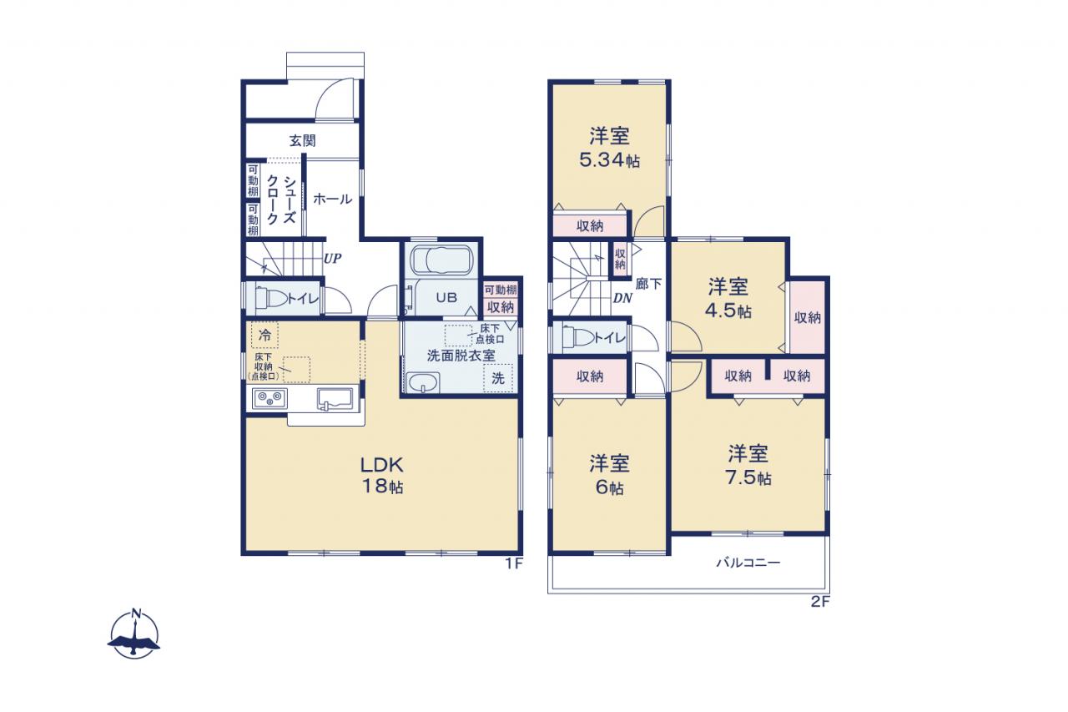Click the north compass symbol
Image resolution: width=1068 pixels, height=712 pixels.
tap(133, 634)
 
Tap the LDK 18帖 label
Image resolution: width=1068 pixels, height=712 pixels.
tap(382, 475)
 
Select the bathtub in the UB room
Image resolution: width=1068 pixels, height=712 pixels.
tap(441, 260)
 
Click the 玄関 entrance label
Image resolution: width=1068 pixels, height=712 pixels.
tap(302, 141)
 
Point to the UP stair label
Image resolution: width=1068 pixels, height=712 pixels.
tap(332, 259)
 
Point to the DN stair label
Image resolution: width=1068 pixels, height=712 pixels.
tap(622, 299)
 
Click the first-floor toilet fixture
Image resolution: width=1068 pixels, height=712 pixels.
tap(272, 300)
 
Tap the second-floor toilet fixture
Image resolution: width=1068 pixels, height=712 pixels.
tap(578, 338)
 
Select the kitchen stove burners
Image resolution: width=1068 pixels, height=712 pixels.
tap(270, 397)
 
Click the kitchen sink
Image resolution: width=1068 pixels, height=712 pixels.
tap(335, 399)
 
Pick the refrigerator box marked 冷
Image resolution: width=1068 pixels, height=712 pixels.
tap(264, 335)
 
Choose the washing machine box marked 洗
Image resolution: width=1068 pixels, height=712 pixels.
tap(498, 378)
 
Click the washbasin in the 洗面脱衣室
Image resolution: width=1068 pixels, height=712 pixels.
tap(422, 383)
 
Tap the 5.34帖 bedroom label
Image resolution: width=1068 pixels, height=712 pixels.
tap(609, 148)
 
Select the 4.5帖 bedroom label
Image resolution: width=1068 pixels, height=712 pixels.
tap(728, 299)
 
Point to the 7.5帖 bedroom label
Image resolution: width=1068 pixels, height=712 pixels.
tap(748, 465)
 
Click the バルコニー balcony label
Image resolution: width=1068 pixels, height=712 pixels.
tap(748, 563)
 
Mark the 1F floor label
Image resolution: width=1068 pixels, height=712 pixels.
tap(514, 563)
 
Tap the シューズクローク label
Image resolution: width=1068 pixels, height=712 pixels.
tap(281, 199)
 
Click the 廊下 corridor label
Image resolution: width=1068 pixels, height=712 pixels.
tap(648, 284)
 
